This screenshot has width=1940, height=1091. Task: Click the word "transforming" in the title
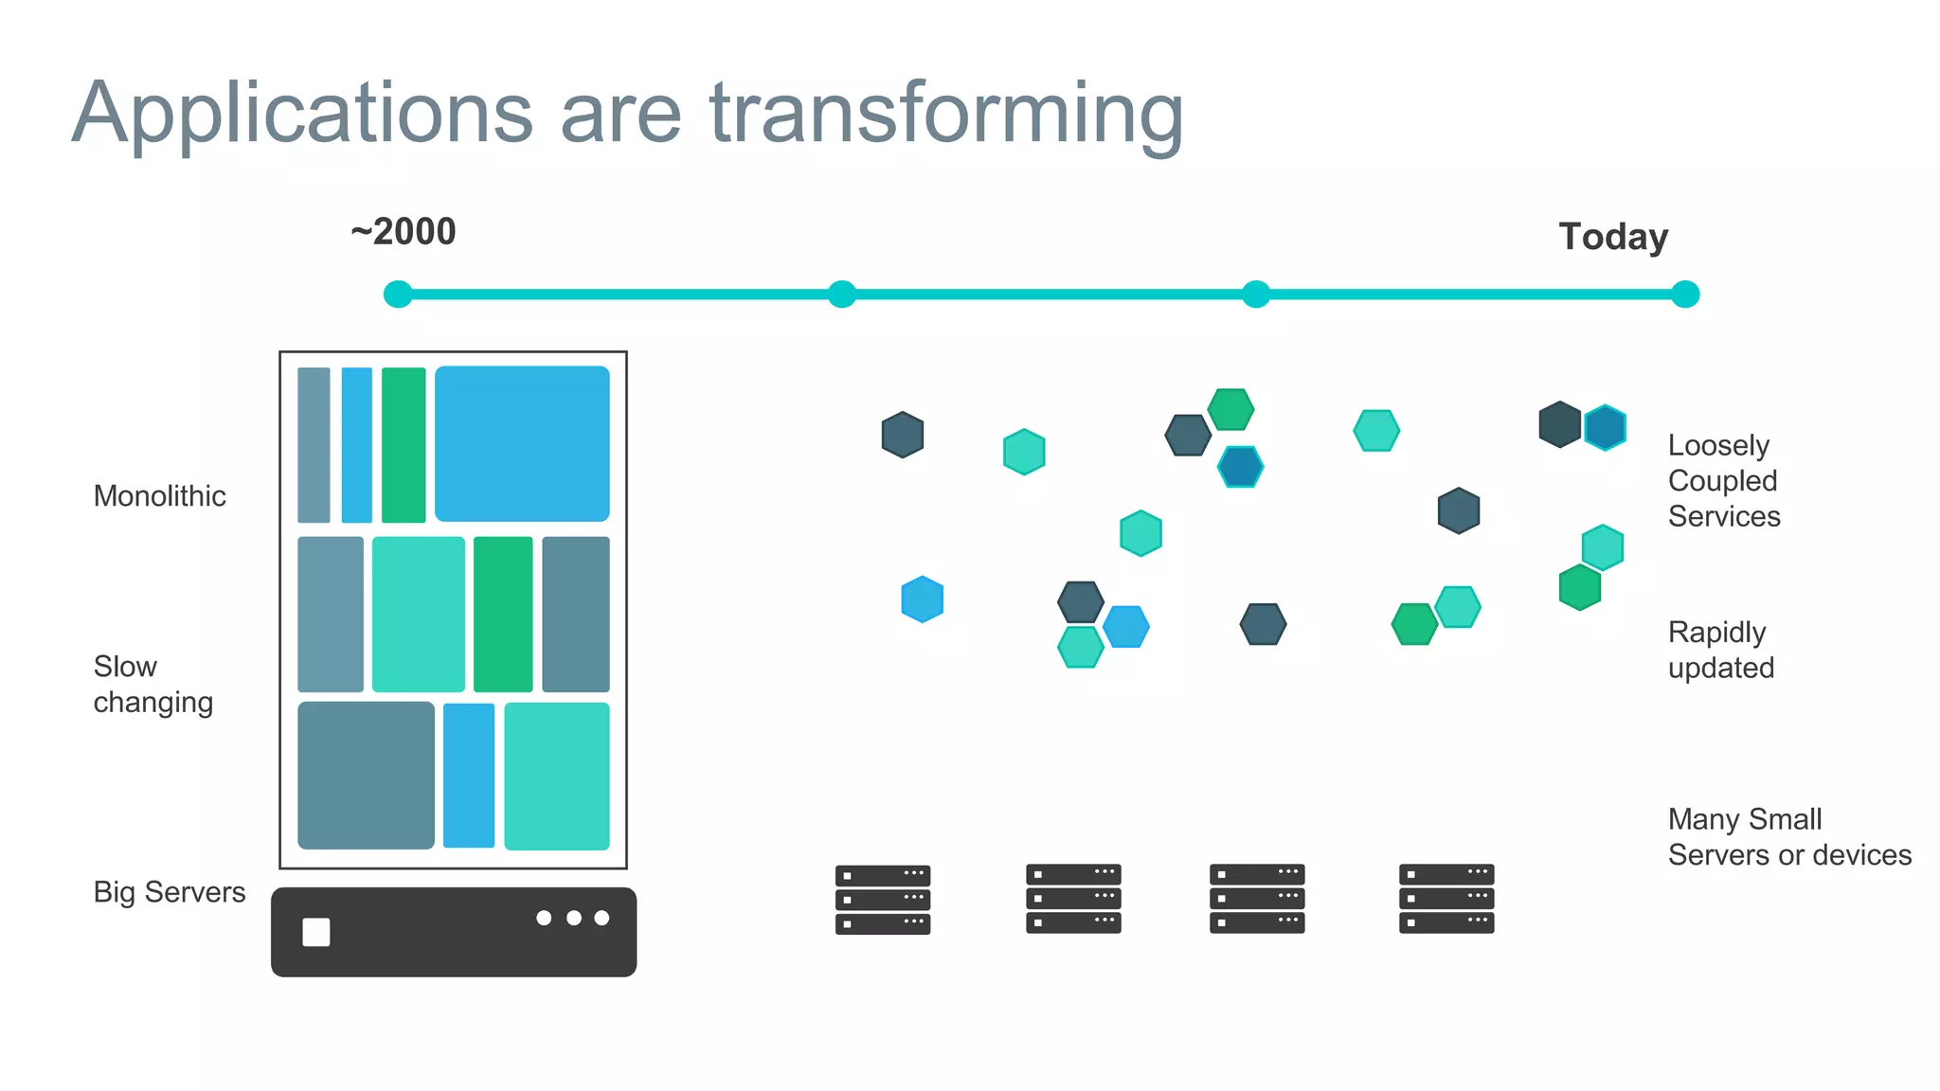[x=946, y=115]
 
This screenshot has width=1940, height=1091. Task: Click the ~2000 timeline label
[x=404, y=232]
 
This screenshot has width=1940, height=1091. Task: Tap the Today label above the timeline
[x=1613, y=237]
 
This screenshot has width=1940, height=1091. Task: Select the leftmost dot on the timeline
[x=398, y=295]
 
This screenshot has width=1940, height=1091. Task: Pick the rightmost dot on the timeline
[x=1685, y=295]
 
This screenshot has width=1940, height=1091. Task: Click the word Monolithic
[x=159, y=496]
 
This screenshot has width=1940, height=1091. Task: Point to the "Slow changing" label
[x=153, y=684]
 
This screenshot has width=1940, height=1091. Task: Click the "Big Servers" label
[x=169, y=892]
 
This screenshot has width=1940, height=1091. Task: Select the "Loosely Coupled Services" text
[x=1724, y=481]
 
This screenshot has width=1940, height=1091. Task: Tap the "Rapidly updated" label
[x=1720, y=650]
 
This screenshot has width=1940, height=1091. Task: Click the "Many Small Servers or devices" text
[x=1788, y=837]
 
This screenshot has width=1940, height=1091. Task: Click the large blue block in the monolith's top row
[x=522, y=443]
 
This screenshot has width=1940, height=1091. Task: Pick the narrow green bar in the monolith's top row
[x=404, y=445]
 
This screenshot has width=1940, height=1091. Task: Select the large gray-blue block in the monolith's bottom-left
[x=366, y=776]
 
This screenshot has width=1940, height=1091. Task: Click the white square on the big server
[x=316, y=932]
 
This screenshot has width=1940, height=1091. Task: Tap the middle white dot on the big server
[x=573, y=918]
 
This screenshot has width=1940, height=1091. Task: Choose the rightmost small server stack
[x=1446, y=898]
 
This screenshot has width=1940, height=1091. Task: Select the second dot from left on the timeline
[x=841, y=295]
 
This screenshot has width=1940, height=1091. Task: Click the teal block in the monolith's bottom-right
[x=557, y=777]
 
